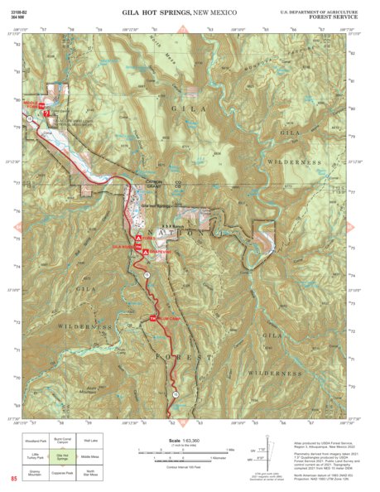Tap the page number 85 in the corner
point(13,479)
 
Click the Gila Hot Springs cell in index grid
point(63,456)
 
